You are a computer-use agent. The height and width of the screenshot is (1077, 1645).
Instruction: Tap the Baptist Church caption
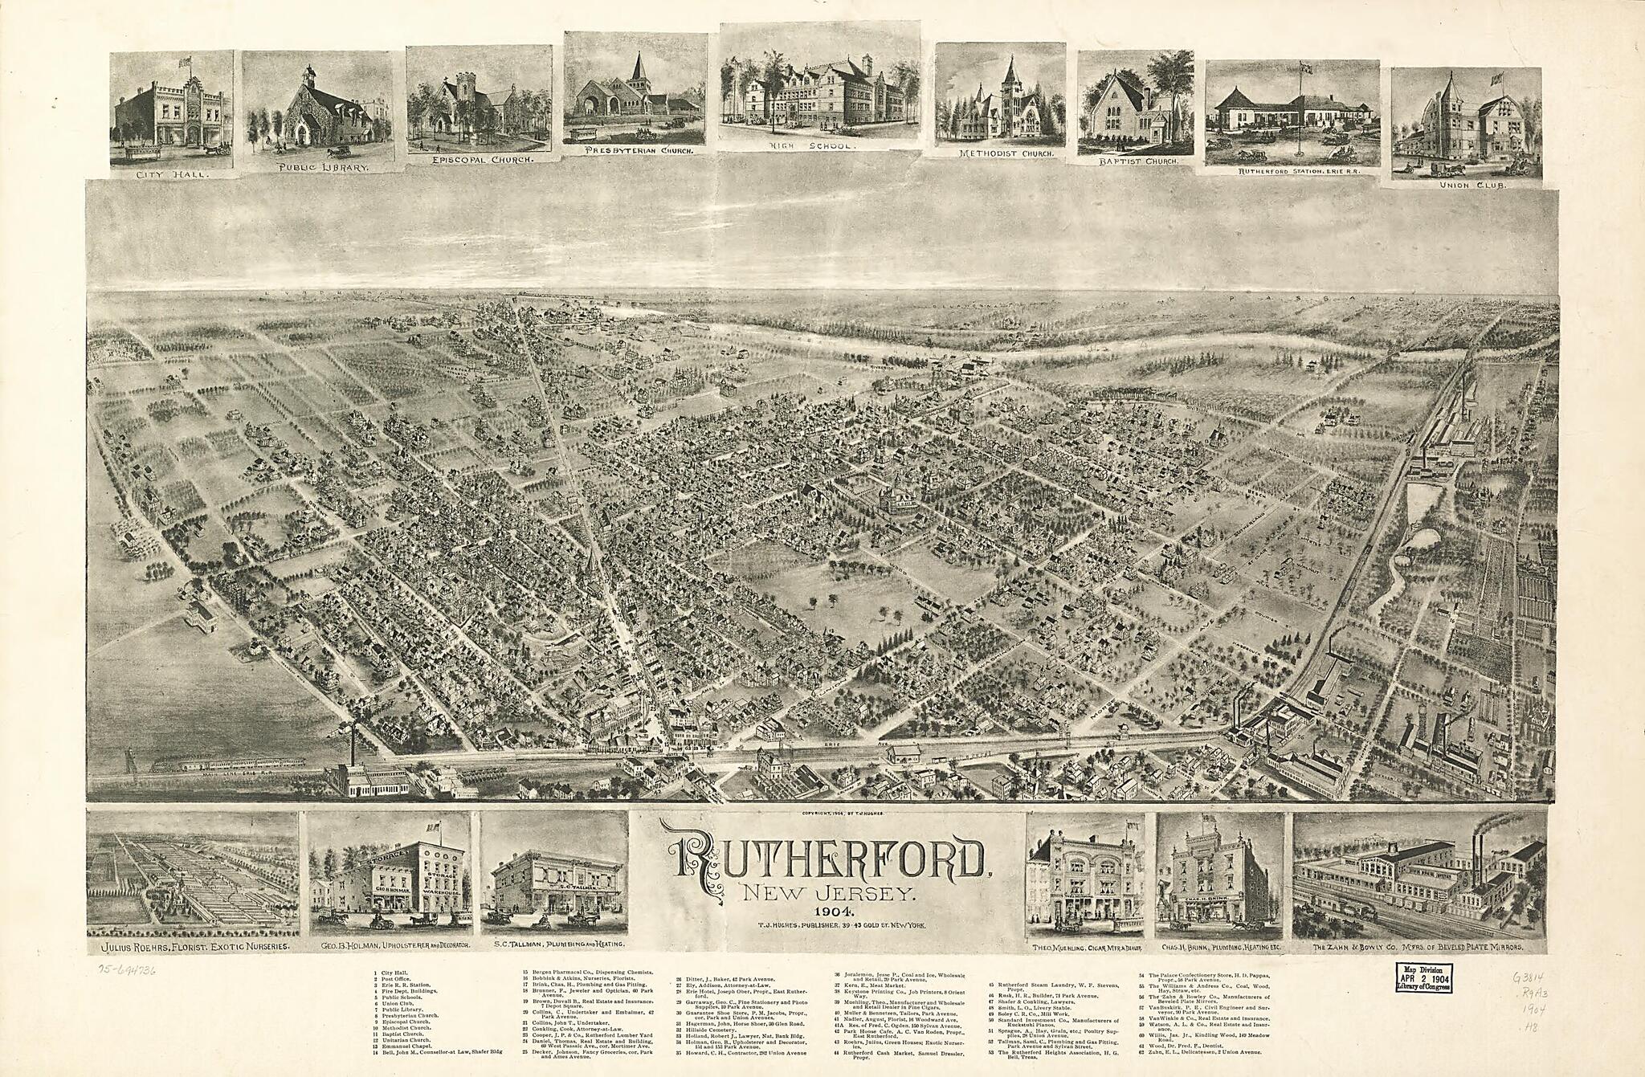click(x=1132, y=161)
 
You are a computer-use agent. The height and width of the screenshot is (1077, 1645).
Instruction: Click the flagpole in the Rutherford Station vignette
click(x=1300, y=104)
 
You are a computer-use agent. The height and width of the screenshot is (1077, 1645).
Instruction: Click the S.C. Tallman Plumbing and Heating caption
click(x=554, y=945)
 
